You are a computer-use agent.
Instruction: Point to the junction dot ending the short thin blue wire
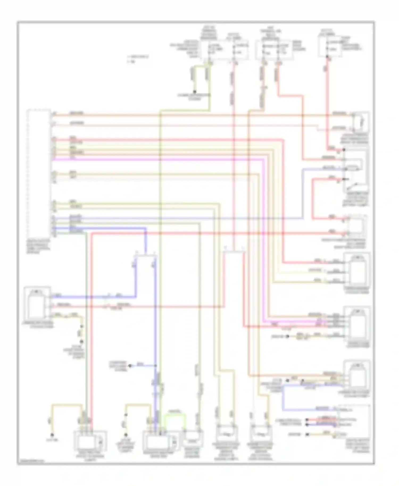[130, 366]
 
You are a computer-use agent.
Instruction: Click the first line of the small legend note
[138, 57]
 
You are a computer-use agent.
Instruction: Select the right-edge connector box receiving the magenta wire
[356, 324]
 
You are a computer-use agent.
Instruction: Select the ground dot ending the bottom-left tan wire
[53, 435]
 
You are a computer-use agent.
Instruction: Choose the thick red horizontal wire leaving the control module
[165, 139]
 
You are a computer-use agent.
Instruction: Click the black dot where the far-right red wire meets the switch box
[344, 150]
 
